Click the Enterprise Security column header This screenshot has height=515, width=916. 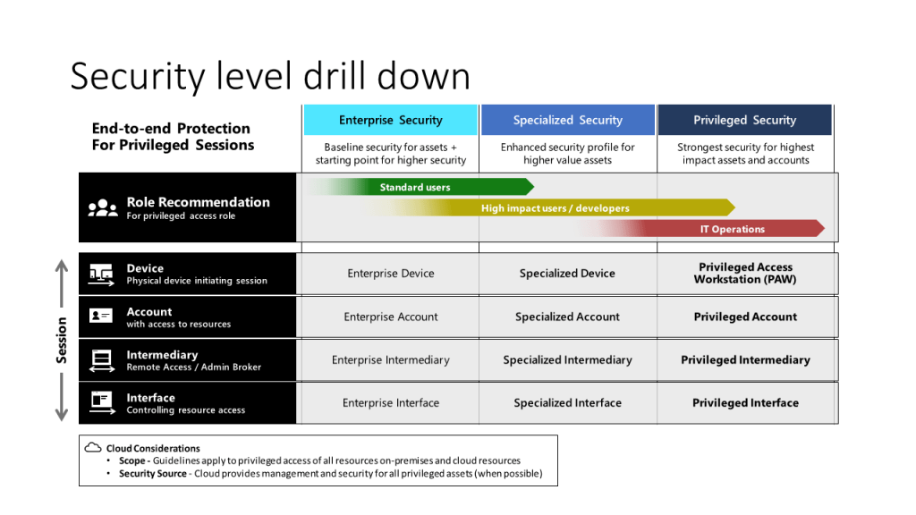click(x=390, y=120)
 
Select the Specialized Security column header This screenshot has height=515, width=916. click(x=568, y=120)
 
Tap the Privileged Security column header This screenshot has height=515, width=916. click(x=745, y=120)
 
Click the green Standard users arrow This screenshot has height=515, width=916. click(x=420, y=187)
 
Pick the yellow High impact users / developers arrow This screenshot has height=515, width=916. click(x=549, y=207)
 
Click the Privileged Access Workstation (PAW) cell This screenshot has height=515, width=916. click(x=745, y=274)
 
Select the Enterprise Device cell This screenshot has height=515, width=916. click(x=390, y=274)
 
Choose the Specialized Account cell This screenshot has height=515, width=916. click(x=567, y=317)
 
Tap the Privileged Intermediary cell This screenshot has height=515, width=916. click(x=745, y=359)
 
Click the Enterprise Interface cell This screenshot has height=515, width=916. click(x=390, y=403)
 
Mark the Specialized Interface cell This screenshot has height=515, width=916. click(x=567, y=403)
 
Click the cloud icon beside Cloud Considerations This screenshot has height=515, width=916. click(x=93, y=448)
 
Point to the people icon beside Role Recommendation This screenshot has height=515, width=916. click(x=103, y=207)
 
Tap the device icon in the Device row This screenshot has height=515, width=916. click(x=102, y=274)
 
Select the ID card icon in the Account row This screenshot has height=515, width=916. click(x=100, y=316)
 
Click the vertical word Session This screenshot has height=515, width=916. click(x=62, y=341)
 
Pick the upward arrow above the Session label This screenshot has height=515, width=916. click(x=62, y=283)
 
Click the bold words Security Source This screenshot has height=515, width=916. click(x=152, y=474)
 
